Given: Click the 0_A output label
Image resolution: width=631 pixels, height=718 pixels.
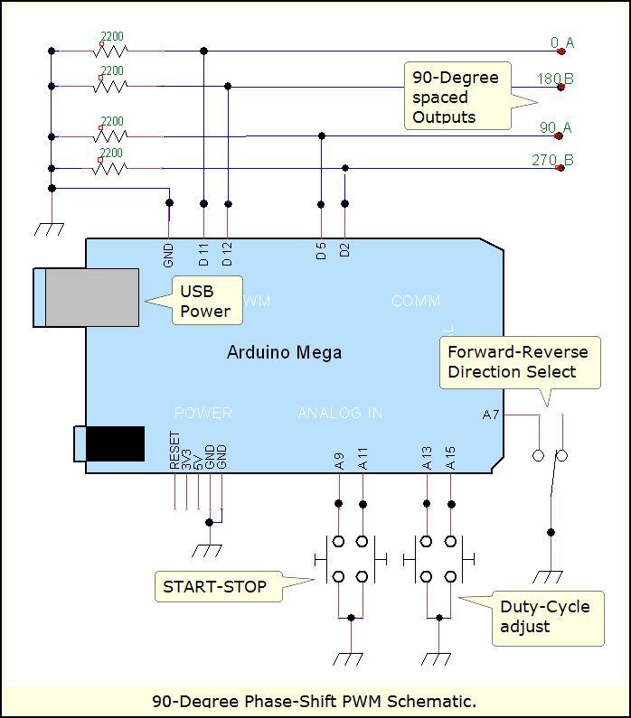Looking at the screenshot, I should (x=562, y=42).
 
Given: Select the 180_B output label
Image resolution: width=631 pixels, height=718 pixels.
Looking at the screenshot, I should (x=555, y=79).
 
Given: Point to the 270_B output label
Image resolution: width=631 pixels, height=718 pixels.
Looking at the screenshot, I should (x=552, y=161).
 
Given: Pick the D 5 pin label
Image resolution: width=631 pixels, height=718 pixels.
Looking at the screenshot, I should (x=321, y=251).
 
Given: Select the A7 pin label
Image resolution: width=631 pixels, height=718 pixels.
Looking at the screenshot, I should (x=491, y=415).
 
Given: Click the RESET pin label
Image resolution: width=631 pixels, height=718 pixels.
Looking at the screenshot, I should (x=174, y=451).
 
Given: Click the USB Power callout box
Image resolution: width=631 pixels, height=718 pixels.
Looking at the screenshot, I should (x=205, y=302).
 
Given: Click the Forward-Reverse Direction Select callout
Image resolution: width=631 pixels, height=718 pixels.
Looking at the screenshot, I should (x=518, y=362).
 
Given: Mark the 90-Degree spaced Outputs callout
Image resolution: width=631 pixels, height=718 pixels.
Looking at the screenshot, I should (x=456, y=97).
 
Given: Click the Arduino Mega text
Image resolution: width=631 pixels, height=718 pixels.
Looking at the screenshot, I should (x=284, y=352).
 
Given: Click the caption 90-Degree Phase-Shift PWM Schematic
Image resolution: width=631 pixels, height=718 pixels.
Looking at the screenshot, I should (x=314, y=701).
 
